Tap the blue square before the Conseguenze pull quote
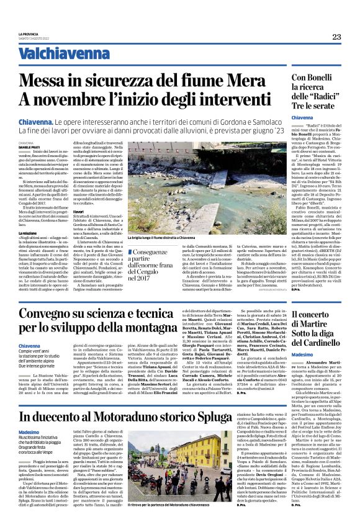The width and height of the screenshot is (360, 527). (145, 251)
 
